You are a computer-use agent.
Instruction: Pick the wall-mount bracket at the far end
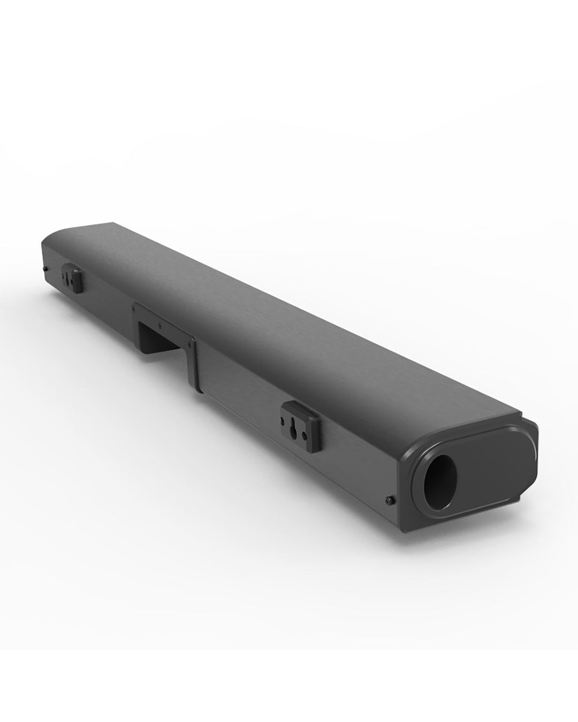coord(73,279)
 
